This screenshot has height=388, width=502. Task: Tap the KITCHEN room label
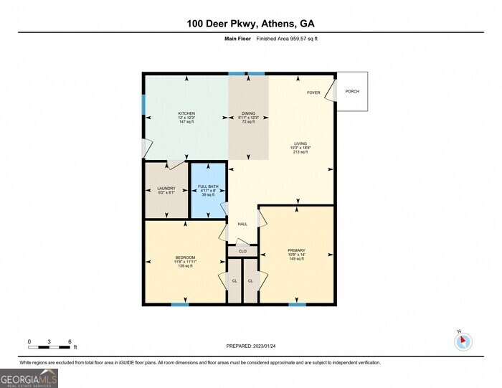(186, 113)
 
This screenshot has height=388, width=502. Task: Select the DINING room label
(248, 113)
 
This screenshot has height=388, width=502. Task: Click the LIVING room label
(300, 143)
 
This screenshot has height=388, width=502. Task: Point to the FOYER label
(313, 93)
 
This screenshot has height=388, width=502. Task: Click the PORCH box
(352, 91)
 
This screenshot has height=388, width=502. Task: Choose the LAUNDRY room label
(166, 189)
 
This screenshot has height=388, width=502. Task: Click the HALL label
(242, 224)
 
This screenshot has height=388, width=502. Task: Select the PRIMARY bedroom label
(297, 250)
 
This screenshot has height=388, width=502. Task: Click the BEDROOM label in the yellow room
(185, 257)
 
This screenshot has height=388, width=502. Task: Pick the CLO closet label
(242, 252)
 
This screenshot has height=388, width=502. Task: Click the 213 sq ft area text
(300, 152)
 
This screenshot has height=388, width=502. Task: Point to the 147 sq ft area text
(186, 122)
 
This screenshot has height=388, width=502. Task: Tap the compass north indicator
(463, 341)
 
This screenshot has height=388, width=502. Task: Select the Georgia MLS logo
(29, 377)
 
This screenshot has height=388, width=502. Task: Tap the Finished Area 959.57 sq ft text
(287, 38)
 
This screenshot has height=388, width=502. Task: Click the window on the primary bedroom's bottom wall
(297, 305)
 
